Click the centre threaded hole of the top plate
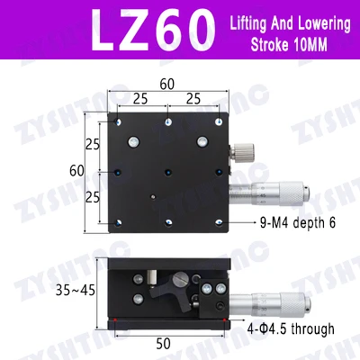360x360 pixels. (x=167, y=168)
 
